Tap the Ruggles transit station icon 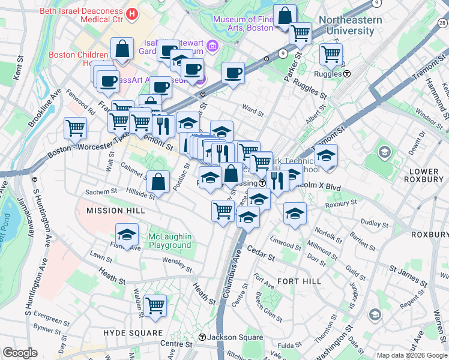(x=347, y=74)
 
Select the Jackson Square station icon (x=203, y=338)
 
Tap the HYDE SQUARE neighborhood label (x=133, y=332)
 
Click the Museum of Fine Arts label (x=243, y=23)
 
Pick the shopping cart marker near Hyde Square (x=155, y=306)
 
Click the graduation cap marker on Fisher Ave (x=127, y=235)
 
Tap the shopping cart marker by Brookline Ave (x=75, y=127)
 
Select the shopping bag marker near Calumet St (x=157, y=181)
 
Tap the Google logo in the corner (x=20, y=353)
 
